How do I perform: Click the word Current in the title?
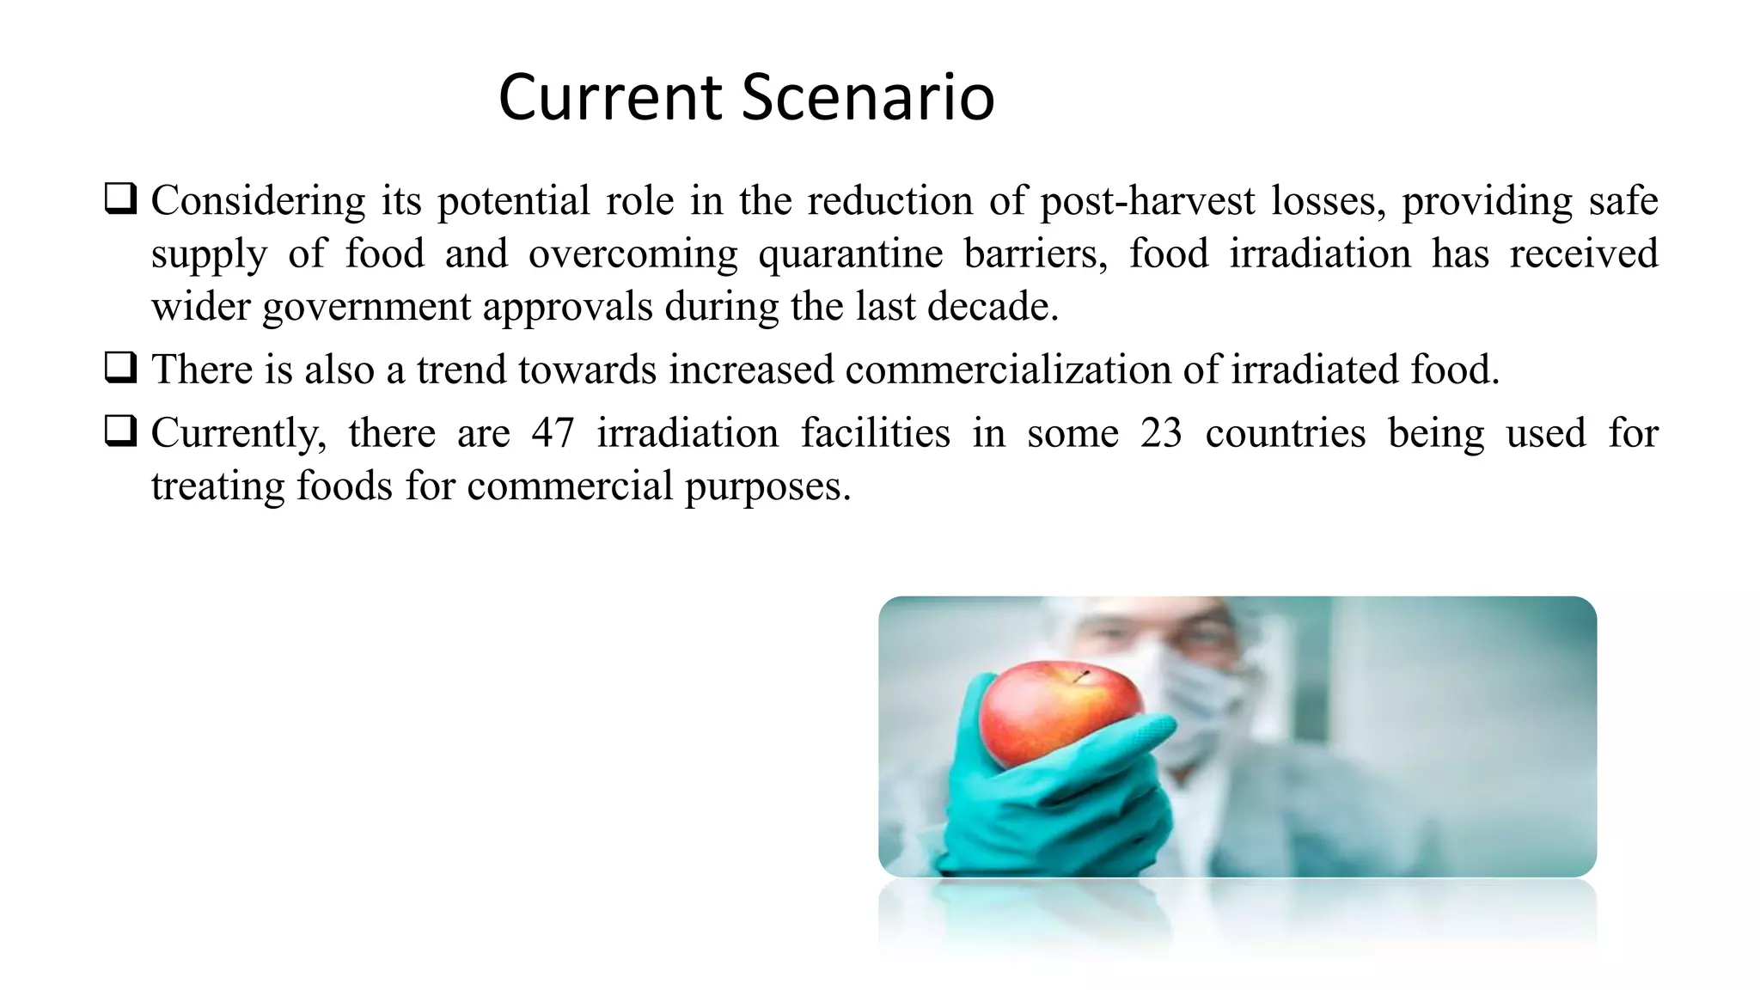point(610,97)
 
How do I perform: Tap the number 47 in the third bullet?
point(553,432)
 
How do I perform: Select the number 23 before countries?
point(1161,432)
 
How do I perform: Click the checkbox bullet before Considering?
point(120,199)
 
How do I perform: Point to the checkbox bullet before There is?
point(120,368)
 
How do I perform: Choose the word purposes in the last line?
point(767,487)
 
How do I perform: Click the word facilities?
point(875,432)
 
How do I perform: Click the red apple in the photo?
point(1057,709)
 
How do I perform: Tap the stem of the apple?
point(1080,676)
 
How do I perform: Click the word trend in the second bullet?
point(462,370)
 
